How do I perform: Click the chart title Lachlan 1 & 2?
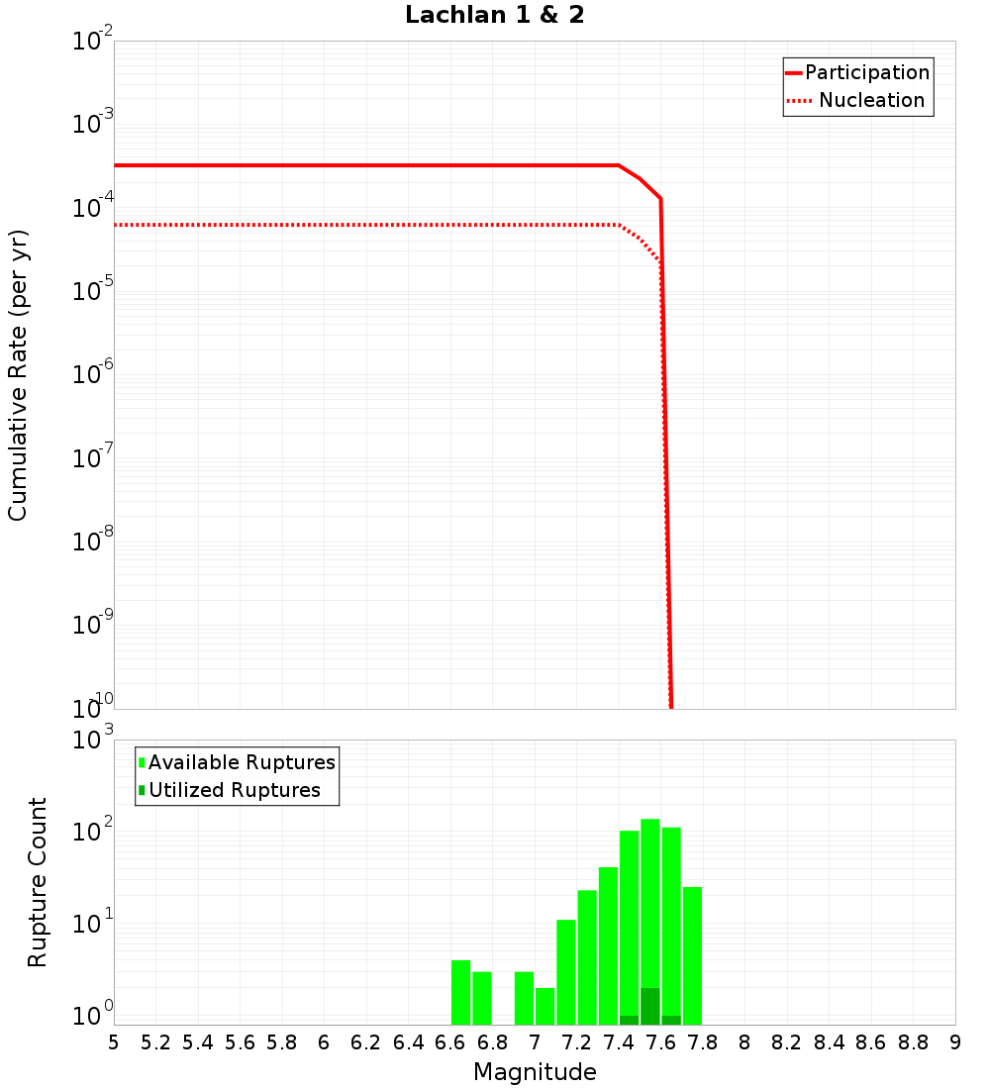[x=495, y=16]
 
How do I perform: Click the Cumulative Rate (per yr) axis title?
[x=18, y=375]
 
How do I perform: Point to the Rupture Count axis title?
[x=38, y=882]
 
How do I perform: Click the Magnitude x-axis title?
[x=535, y=1072]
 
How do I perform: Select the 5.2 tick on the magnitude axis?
[x=156, y=1042]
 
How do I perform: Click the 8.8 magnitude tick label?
[x=913, y=1042]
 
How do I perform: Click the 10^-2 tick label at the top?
[x=93, y=43]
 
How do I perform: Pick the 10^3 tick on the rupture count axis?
[x=93, y=742]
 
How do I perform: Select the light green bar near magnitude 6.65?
[x=460, y=992]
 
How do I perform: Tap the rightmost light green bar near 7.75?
[x=692, y=955]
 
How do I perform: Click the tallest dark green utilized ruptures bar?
[x=650, y=1006]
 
